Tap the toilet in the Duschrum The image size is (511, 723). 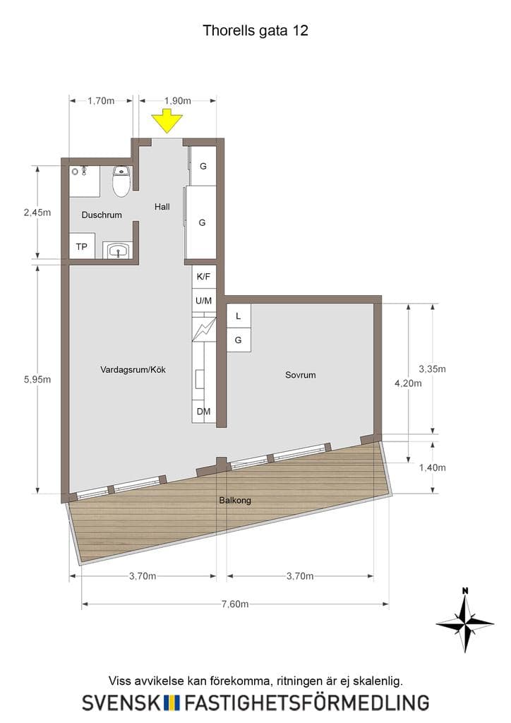point(121,181)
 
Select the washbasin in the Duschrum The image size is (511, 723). point(117,251)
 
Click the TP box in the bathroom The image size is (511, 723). point(82,246)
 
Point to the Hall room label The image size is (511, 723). point(162,207)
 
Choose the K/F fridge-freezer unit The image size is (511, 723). point(203,277)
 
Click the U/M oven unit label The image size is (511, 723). point(204,301)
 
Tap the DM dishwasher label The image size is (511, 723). point(204,412)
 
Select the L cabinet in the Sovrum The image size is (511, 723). point(239,316)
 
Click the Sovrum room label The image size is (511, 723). point(301,375)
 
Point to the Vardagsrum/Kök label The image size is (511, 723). point(133,369)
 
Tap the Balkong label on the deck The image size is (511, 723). point(235,501)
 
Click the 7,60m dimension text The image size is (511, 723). point(235,604)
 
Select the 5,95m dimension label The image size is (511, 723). point(37,379)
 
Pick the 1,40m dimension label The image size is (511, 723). point(432,467)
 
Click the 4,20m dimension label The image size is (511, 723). point(408,383)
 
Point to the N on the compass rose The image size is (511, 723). point(465,591)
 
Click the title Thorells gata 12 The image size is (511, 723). point(255,30)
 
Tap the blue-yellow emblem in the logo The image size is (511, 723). point(172,703)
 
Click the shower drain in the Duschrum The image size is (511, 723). point(75,172)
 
